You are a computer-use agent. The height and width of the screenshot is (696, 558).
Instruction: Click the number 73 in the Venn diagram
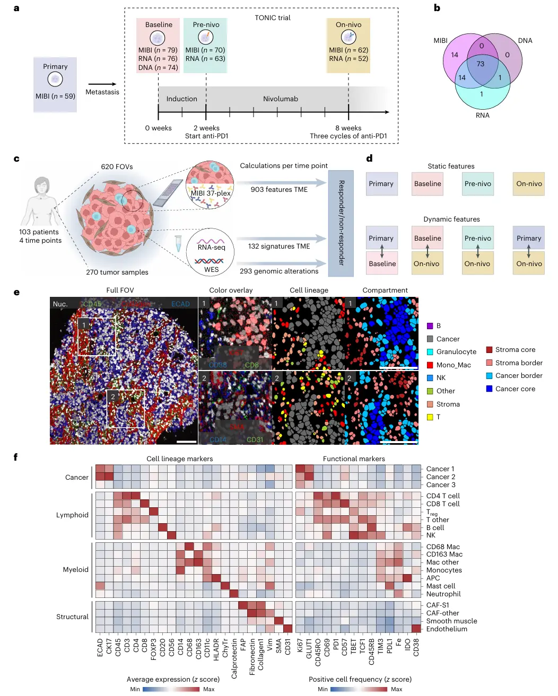pyautogui.click(x=480, y=64)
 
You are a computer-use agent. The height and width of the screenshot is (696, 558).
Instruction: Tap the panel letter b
pyautogui.click(x=437, y=8)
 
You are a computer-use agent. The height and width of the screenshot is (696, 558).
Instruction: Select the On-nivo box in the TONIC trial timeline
pyautogui.click(x=348, y=45)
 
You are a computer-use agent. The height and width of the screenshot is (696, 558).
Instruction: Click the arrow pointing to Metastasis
pyautogui.click(x=102, y=84)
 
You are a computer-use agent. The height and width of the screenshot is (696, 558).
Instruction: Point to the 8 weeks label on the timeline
pyautogui.click(x=348, y=128)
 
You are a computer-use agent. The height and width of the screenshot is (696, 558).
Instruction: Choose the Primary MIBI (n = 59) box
pyautogui.click(x=55, y=85)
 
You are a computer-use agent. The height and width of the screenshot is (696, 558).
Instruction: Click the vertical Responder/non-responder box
pyautogui.click(x=341, y=223)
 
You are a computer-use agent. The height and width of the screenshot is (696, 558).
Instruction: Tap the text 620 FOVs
pyautogui.click(x=117, y=166)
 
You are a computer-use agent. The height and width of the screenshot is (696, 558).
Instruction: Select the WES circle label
pyautogui.click(x=211, y=269)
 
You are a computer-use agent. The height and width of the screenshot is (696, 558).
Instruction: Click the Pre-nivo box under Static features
pyautogui.click(x=477, y=184)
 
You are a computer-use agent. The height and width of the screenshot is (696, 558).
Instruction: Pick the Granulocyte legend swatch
pyautogui.click(x=430, y=352)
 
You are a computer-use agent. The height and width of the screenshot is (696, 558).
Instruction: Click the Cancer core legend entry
pyautogui.click(x=515, y=389)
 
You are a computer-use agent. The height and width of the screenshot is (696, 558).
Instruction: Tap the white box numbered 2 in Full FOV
pyautogui.click(x=126, y=408)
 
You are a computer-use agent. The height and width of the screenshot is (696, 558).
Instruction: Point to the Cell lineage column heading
pyautogui.click(x=309, y=290)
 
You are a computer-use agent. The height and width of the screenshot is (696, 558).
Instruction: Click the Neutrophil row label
pyautogui.click(x=443, y=594)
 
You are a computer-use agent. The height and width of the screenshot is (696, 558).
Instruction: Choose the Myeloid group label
pyautogui.click(x=75, y=569)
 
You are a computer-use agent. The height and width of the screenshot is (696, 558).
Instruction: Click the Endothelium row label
pyautogui.click(x=447, y=629)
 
